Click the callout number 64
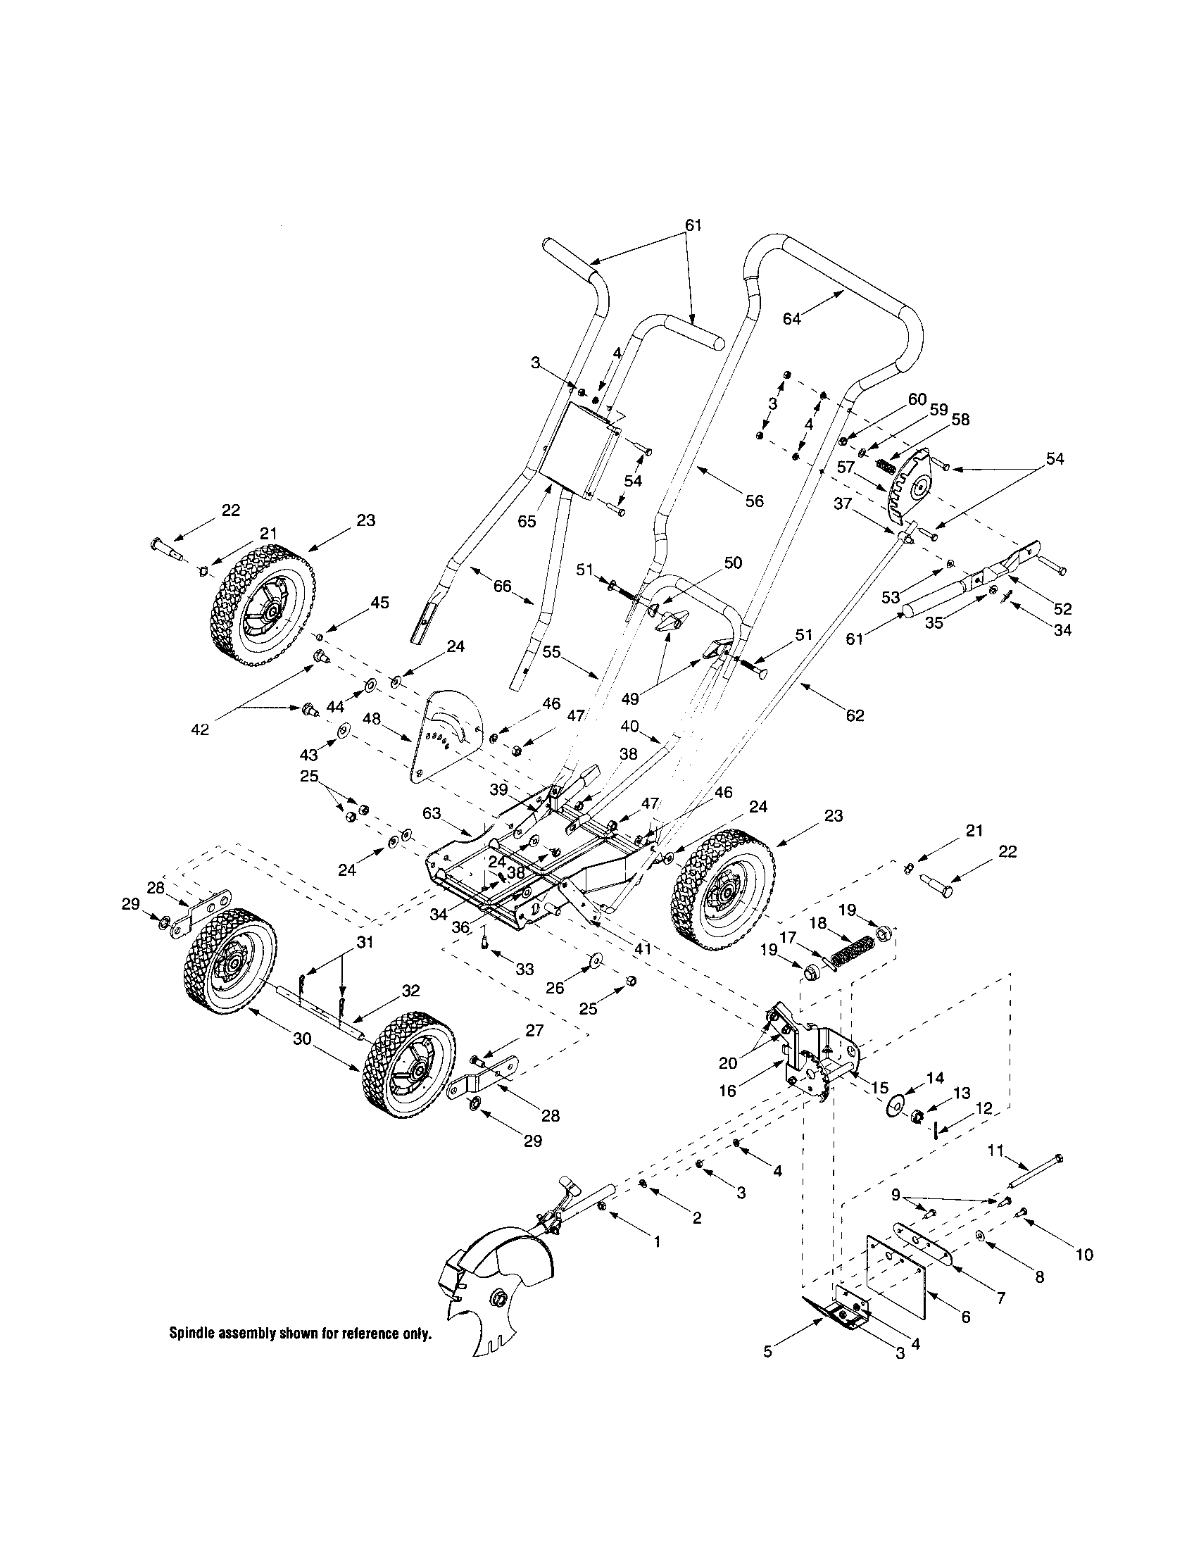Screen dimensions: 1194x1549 [x=792, y=319]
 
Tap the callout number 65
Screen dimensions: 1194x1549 [x=546, y=522]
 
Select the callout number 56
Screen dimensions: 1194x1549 [x=755, y=501]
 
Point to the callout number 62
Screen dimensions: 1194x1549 [x=855, y=715]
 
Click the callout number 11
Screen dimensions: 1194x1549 [x=996, y=1150]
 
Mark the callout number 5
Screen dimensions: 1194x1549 [x=768, y=1351]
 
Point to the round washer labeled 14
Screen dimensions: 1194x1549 [x=896, y=1104]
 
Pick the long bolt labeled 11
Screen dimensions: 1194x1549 [x=1036, y=1171]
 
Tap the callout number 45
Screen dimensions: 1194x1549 [x=380, y=602]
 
